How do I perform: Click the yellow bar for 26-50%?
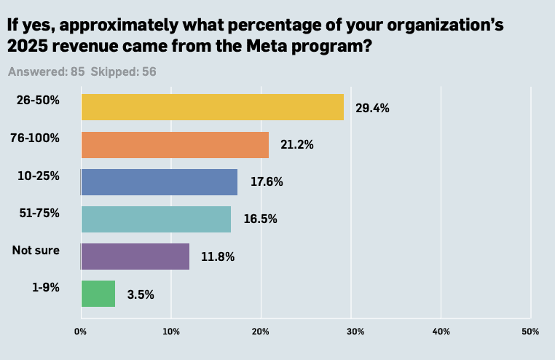[x=212, y=107]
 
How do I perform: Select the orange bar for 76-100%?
[x=175, y=145]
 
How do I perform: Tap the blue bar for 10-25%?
[x=159, y=182]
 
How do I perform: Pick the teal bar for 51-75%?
[x=156, y=219]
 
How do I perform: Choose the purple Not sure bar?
[x=135, y=257]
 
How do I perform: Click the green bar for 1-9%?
[x=98, y=294]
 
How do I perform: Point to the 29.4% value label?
[x=372, y=108]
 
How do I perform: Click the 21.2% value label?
[x=296, y=145]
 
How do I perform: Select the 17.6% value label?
[x=266, y=182]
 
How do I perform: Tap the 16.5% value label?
[x=259, y=219]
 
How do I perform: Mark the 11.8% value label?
[x=218, y=257]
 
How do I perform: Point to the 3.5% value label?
[x=141, y=294]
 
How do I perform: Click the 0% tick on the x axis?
[x=81, y=332]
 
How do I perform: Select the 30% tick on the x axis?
[x=351, y=332]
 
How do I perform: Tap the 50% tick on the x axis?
[x=530, y=332]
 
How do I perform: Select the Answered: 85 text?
[x=47, y=72]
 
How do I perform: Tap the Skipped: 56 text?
[x=123, y=72]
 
